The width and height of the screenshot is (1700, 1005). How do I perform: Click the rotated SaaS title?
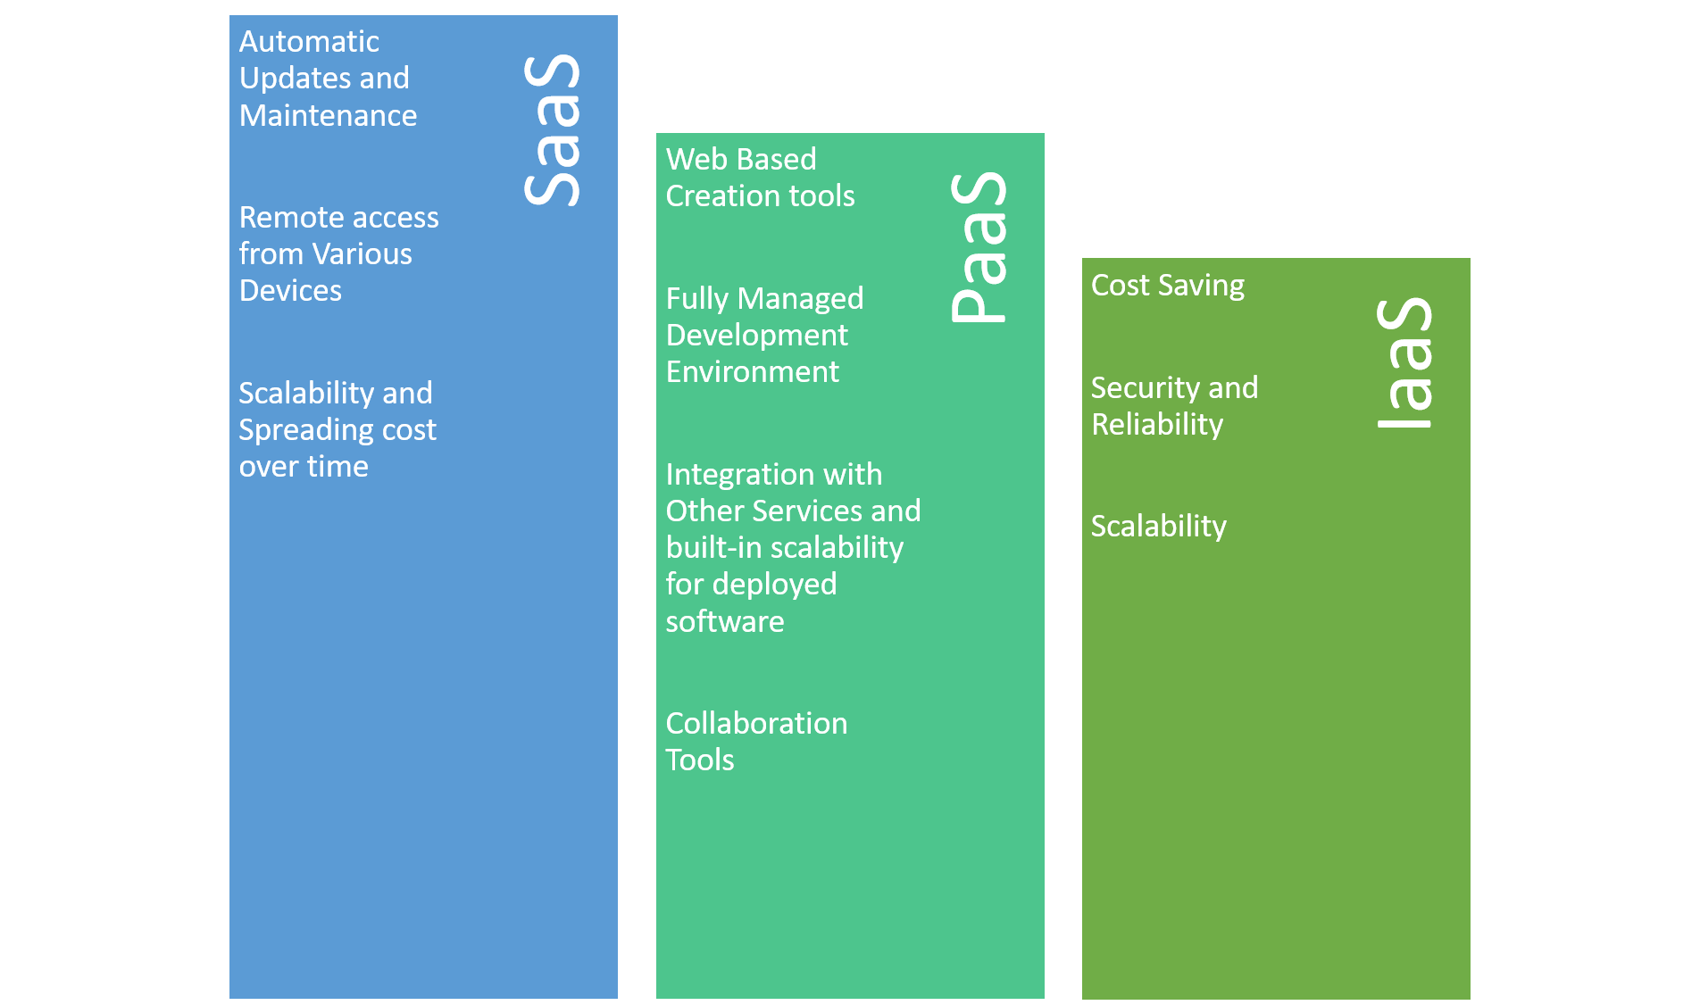[552, 130]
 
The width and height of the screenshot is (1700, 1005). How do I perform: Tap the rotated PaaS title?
[979, 247]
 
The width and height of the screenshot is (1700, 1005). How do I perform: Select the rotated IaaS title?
[1404, 362]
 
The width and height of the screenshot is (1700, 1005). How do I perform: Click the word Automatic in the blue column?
[309, 41]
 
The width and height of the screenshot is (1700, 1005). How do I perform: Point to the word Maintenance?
[328, 115]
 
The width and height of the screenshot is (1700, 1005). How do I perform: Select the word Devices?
[290, 290]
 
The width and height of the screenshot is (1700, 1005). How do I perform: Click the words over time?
[304, 466]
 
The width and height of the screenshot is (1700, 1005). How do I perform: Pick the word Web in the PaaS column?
[690, 159]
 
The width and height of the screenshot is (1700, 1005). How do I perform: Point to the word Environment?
[753, 371]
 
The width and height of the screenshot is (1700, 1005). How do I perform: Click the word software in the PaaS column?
[725, 621]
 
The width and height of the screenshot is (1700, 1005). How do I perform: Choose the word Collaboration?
[756, 723]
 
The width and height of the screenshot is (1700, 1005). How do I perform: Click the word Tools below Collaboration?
[700, 760]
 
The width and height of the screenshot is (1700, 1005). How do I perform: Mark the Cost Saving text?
[1168, 286]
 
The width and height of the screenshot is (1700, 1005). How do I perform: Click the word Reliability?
[1157, 424]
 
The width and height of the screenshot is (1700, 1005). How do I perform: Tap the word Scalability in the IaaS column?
[1159, 527]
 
